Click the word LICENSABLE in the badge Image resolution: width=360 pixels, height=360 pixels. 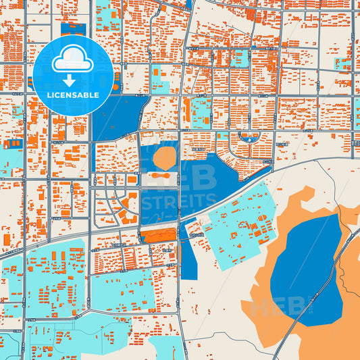point(72,95)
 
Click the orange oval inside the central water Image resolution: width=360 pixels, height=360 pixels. point(164,158)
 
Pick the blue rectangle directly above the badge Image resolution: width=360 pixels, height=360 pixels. point(73,29)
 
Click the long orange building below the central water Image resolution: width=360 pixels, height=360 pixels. point(159,235)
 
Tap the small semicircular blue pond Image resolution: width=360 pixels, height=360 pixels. point(249,138)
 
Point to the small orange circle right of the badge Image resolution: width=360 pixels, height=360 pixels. point(115,86)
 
